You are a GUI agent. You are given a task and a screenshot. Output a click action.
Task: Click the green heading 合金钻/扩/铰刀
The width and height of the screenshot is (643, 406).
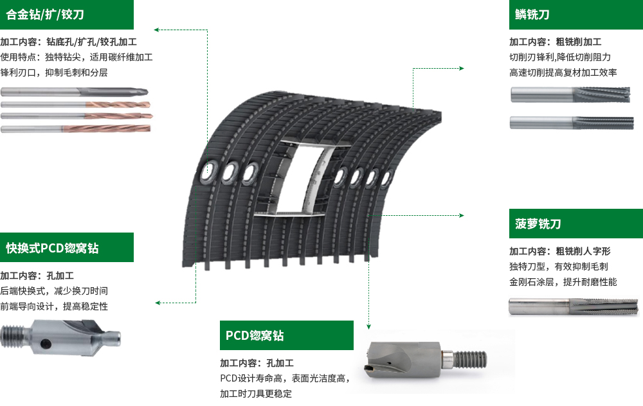[x=45, y=15]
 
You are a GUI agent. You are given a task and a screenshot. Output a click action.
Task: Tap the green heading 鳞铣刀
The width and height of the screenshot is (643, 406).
[x=532, y=15]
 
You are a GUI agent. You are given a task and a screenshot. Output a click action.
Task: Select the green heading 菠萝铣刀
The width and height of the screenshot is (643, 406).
[x=538, y=224]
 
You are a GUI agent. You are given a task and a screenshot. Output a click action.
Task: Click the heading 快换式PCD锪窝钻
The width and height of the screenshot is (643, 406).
[x=52, y=248]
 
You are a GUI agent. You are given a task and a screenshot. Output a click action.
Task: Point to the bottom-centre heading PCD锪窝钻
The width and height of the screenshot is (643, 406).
[x=255, y=335]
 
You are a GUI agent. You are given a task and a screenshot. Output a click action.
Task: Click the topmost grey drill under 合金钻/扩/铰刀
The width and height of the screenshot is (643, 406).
[x=74, y=92]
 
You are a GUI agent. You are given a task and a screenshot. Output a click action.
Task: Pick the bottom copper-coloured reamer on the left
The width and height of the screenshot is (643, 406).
[x=76, y=129]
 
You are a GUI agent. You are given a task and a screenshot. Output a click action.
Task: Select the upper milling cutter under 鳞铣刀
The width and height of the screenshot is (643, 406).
[x=570, y=94]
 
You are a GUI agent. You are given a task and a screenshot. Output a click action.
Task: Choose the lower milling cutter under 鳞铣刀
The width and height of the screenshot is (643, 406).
[x=571, y=123]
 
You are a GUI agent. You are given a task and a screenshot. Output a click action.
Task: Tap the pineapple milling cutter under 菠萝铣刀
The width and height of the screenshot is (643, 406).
[x=574, y=307]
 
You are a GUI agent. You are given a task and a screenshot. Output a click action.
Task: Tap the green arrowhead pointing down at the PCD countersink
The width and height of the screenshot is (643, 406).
[x=368, y=326]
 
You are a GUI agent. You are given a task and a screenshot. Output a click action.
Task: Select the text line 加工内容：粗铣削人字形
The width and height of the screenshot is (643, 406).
[x=560, y=251]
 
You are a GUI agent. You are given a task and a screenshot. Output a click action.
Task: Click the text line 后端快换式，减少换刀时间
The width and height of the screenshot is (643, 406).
[x=54, y=291]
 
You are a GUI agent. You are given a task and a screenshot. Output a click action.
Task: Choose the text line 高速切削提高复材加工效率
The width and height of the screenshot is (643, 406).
[x=563, y=73]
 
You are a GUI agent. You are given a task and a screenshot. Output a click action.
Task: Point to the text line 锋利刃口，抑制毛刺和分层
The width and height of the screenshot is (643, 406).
[x=54, y=73]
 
